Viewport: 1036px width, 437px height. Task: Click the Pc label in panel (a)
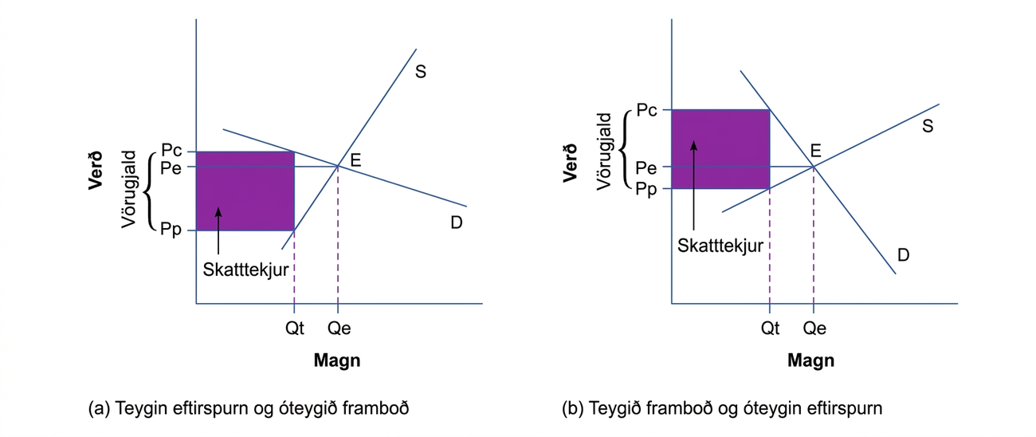pyautogui.click(x=171, y=150)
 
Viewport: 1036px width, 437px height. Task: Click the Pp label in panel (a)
pyautogui.click(x=171, y=230)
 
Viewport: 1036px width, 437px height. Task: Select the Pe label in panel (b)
pyautogui.click(x=646, y=167)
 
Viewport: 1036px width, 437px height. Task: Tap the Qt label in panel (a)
pyautogui.click(x=295, y=329)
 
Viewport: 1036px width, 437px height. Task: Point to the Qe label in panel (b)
pyautogui.click(x=814, y=329)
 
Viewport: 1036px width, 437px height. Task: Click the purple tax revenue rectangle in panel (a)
pyautogui.click(x=245, y=191)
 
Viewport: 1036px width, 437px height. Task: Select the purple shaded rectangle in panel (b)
pyautogui.click(x=720, y=149)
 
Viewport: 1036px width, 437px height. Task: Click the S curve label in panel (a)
pyautogui.click(x=421, y=72)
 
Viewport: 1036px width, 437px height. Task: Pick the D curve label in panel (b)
pyautogui.click(x=903, y=254)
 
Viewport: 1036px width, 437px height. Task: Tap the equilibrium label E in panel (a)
pyautogui.click(x=355, y=160)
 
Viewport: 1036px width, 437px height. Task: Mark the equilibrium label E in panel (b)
pyautogui.click(x=815, y=151)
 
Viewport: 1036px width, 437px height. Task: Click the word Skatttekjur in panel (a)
pyautogui.click(x=245, y=270)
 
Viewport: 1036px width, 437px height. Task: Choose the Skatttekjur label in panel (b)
pyautogui.click(x=720, y=246)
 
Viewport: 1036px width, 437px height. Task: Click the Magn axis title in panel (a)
pyautogui.click(x=337, y=360)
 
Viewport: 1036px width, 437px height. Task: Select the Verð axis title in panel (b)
pyautogui.click(x=571, y=163)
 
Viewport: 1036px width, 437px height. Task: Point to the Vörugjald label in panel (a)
pyautogui.click(x=128, y=189)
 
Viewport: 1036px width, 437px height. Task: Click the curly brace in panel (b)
pyautogui.click(x=624, y=150)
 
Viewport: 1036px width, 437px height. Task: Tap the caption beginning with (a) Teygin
pyautogui.click(x=249, y=408)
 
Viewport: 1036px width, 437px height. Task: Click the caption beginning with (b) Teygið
pyautogui.click(x=722, y=408)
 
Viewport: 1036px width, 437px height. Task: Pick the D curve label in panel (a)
pyautogui.click(x=457, y=222)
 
